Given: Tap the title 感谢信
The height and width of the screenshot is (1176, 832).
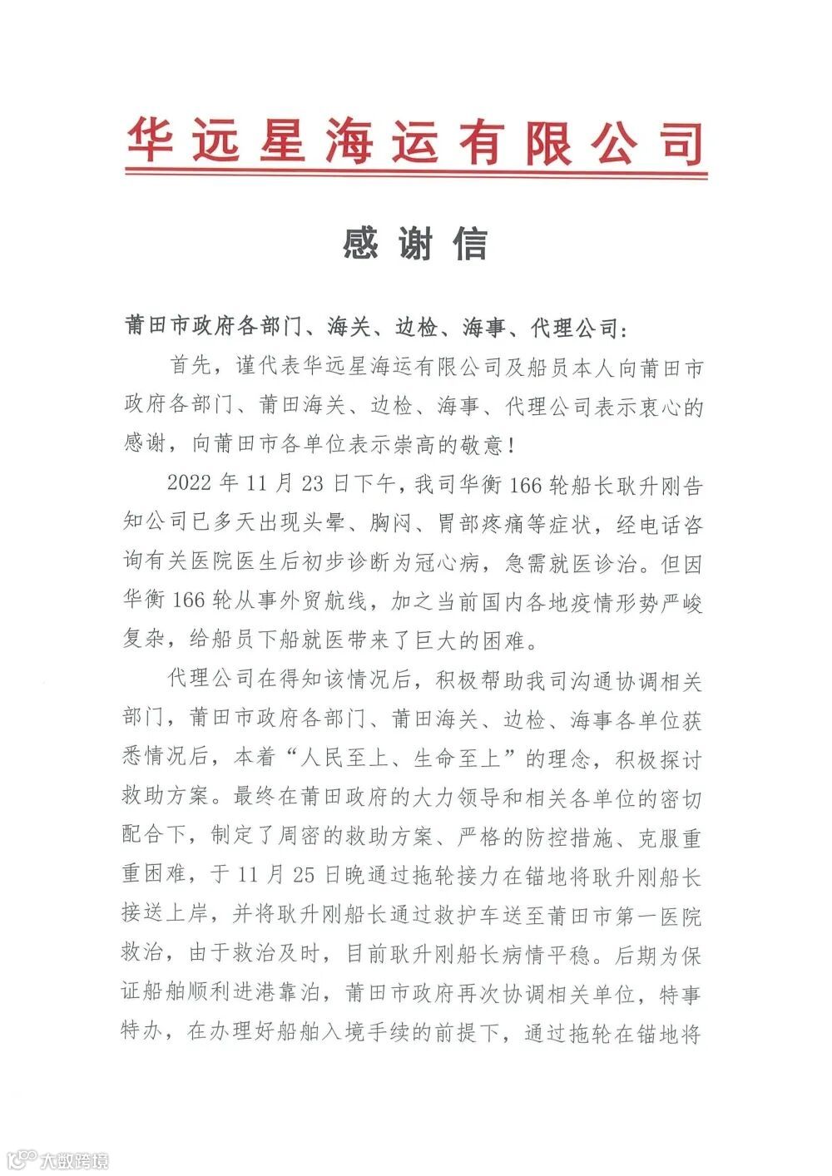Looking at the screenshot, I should (414, 244).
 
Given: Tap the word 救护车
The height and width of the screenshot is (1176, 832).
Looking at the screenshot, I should (493, 916).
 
